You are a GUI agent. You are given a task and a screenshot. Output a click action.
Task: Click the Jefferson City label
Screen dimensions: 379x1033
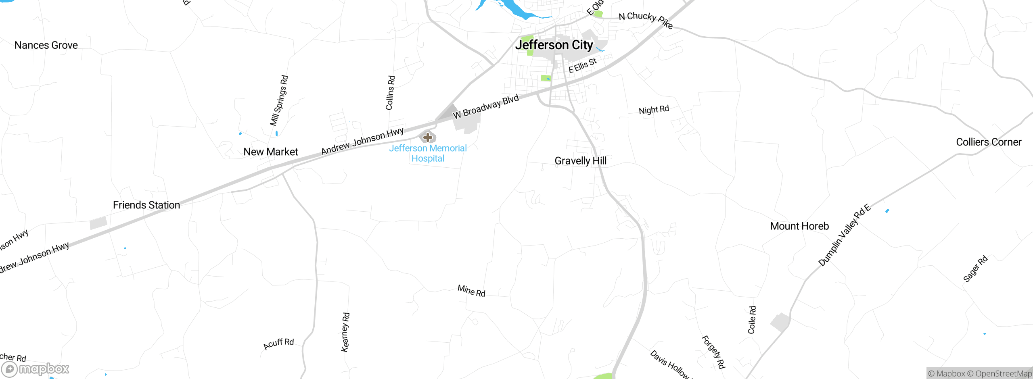(x=554, y=45)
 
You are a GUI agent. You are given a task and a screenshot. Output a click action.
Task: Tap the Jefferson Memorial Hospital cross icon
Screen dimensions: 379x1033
(x=428, y=137)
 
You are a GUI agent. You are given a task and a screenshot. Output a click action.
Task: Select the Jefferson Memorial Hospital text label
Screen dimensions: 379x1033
(x=428, y=153)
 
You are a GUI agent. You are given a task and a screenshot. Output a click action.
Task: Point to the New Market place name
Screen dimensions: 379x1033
(x=270, y=152)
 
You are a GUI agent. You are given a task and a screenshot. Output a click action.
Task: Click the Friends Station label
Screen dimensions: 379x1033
(x=146, y=205)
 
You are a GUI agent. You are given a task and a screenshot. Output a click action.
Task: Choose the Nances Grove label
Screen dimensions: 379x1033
(x=46, y=45)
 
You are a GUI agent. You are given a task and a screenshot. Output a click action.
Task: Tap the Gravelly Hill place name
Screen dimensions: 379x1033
(x=580, y=161)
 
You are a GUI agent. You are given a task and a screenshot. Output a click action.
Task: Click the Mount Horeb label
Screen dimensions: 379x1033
(x=799, y=226)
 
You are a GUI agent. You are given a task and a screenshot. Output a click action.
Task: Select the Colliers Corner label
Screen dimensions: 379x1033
(x=989, y=142)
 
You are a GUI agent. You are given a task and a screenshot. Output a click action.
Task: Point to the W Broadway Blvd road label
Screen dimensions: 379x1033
(x=486, y=107)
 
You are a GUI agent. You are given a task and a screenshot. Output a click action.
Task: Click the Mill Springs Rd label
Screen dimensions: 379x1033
(x=279, y=100)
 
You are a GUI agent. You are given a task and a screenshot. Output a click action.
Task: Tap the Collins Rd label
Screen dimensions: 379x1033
(x=390, y=93)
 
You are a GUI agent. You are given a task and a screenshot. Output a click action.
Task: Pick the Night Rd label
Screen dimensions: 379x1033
(x=654, y=110)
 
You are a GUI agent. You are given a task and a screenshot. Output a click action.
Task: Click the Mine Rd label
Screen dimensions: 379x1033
(x=471, y=291)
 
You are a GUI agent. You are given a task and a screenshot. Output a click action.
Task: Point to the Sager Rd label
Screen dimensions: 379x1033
(x=975, y=269)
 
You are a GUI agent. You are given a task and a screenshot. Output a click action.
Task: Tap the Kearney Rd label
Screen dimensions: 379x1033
(x=345, y=332)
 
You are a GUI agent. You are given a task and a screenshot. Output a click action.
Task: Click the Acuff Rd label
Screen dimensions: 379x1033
(x=278, y=344)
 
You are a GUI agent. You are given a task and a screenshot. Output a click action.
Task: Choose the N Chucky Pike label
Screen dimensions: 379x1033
(x=646, y=20)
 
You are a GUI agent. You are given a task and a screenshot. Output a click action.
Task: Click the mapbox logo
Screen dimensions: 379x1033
(x=36, y=369)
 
